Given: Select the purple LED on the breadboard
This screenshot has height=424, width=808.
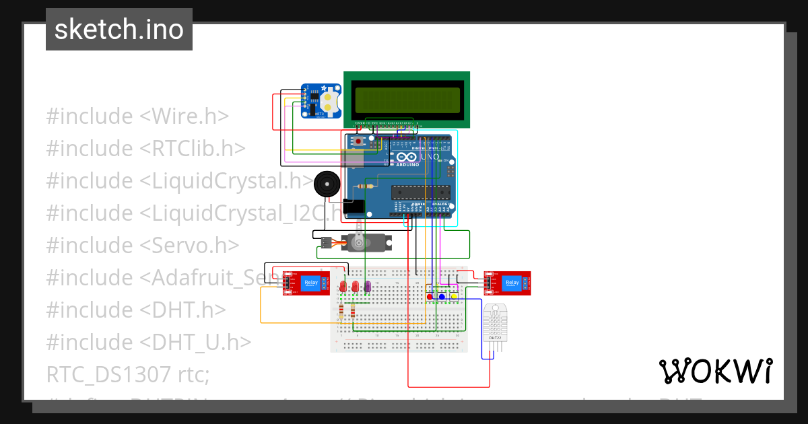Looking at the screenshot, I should click(368, 287).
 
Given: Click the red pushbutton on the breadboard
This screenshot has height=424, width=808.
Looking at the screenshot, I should click(430, 297).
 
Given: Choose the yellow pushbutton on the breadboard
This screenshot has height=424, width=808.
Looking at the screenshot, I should click(454, 297).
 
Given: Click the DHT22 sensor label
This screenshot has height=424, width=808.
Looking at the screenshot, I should click(495, 337).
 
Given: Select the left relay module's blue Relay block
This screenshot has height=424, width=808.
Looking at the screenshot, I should click(310, 283).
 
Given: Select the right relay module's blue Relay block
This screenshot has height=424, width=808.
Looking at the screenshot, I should click(512, 283).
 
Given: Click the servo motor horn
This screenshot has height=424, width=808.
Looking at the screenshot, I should click(360, 242).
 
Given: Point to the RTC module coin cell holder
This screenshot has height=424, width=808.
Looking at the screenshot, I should click(328, 102).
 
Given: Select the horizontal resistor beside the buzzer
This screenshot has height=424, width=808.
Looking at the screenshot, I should click(368, 186).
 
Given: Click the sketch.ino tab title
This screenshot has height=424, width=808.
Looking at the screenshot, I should click(119, 30).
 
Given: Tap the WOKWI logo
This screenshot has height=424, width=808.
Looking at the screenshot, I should click(715, 371).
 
